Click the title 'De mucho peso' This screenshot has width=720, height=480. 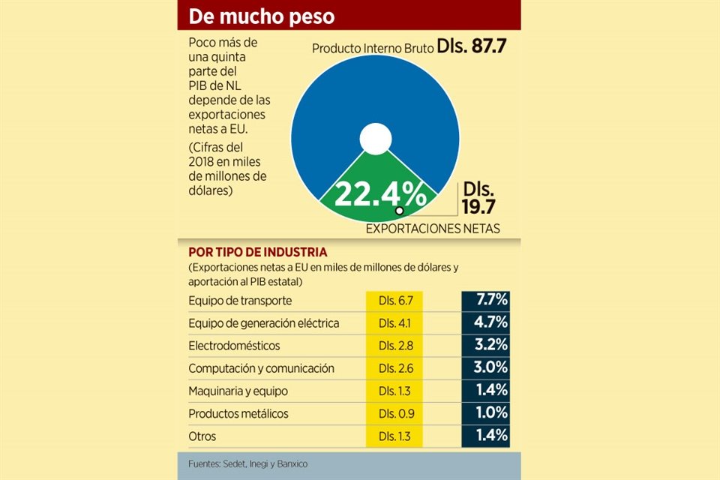(262, 16)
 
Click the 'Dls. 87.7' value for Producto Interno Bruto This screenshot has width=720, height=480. (473, 46)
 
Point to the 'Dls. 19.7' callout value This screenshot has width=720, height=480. (480, 197)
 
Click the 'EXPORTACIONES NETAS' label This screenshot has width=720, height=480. (433, 228)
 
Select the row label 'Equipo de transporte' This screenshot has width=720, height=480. (240, 301)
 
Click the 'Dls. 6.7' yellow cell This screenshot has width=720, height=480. (394, 301)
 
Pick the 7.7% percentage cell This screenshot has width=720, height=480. (485, 301)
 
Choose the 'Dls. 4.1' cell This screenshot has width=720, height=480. (394, 323)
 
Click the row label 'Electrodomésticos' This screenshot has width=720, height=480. (234, 346)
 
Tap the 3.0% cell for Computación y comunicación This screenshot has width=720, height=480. (485, 368)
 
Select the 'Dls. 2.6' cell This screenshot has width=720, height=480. (394, 368)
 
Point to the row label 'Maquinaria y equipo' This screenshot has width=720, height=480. (238, 391)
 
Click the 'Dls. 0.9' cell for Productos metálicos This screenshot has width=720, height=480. (394, 413)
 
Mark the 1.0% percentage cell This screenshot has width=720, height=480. (485, 413)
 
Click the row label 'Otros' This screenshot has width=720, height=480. (202, 435)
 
